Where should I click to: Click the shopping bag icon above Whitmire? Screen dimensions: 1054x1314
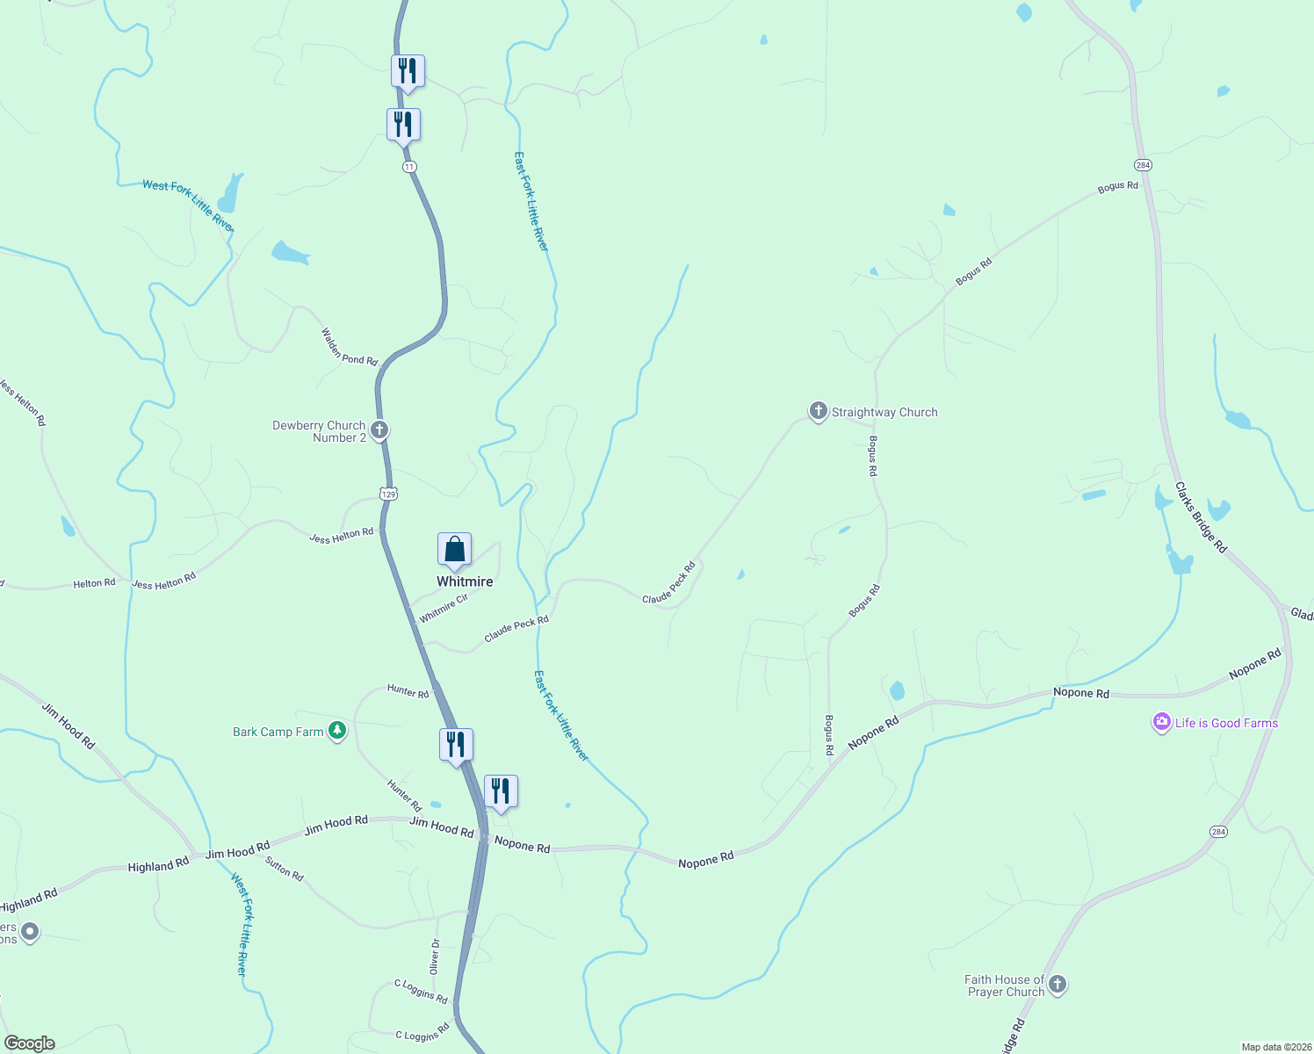coord(455,550)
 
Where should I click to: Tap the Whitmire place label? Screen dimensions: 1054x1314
coord(465,581)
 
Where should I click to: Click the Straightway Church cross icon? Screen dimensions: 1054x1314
coord(818,411)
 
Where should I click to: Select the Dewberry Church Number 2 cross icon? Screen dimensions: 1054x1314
coord(379,430)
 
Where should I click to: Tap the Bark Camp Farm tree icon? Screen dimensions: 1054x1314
coord(336,731)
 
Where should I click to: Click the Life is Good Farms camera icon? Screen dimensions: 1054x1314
coord(1162,722)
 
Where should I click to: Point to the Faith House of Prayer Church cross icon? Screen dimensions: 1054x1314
coord(1058,985)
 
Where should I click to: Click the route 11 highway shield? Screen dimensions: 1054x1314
coord(409,167)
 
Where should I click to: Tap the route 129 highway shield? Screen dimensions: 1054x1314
coord(388,494)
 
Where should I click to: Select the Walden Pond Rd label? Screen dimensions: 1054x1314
coord(349,347)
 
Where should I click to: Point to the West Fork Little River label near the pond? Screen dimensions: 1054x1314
coord(189,206)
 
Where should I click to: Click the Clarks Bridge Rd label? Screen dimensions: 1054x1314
coord(1201,516)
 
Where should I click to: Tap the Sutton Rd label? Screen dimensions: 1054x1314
coord(284,869)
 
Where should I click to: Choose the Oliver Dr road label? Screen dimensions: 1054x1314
coord(434,956)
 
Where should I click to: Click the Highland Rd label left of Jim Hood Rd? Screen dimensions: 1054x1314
coord(158,865)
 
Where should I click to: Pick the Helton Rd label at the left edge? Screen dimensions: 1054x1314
coord(94,583)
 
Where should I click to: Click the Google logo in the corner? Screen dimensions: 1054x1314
coord(30,1043)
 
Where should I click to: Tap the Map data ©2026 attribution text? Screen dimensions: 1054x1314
coord(1274,1047)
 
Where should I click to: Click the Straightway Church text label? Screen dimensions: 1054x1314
coord(884,412)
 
